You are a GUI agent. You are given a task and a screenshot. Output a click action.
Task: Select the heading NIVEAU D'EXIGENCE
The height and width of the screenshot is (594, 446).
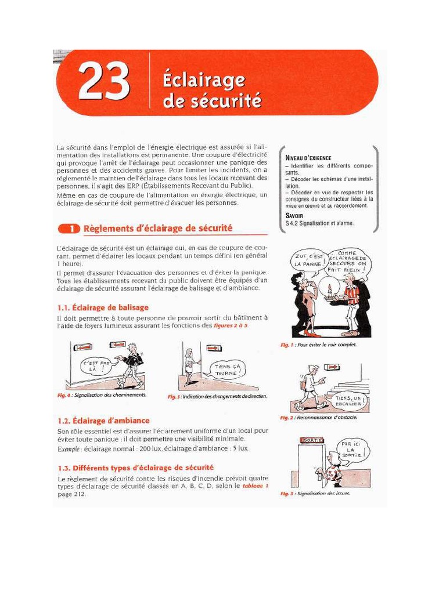(308, 158)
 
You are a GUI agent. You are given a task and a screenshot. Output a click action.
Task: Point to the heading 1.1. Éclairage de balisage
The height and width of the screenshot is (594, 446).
(103, 307)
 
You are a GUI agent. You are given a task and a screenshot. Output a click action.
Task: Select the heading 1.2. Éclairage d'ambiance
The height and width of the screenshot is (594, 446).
(103, 421)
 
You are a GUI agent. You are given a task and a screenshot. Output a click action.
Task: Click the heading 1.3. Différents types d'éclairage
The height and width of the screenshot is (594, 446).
(135, 468)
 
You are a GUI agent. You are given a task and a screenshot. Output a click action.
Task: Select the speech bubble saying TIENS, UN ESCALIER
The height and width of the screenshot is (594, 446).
(351, 400)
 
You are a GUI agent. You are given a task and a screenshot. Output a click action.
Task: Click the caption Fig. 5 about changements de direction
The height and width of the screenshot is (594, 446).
(217, 396)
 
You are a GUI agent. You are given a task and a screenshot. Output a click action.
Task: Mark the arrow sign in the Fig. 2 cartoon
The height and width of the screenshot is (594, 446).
(333, 367)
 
